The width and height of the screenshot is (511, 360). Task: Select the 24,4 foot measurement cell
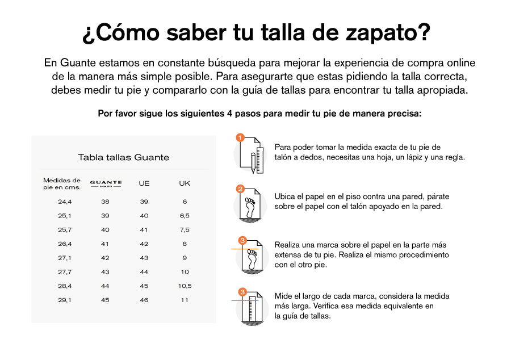coord(65,202)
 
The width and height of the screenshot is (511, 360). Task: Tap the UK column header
coord(185,183)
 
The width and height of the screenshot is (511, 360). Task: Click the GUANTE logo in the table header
coord(106,183)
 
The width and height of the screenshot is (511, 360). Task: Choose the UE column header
coord(144,183)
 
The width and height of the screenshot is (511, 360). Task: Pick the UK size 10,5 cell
coord(185,286)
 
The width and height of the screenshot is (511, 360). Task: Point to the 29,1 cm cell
coord(65,300)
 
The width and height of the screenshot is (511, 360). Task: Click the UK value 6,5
coord(185,216)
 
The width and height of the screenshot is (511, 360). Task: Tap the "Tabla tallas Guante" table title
coord(124,157)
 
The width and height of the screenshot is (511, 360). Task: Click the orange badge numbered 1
coord(240,138)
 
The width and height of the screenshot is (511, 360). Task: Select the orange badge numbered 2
coord(240,189)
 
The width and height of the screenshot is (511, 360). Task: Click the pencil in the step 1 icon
coord(253,163)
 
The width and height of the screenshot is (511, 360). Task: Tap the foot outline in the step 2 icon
coord(250,207)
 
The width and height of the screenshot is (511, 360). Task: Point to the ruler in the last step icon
coord(252,309)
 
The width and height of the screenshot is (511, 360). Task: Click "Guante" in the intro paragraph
coord(78,62)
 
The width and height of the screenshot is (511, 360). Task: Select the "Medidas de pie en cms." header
coord(62,184)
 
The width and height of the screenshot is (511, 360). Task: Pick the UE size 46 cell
coord(144,300)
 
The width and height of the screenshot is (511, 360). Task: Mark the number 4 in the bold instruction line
coord(230,114)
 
